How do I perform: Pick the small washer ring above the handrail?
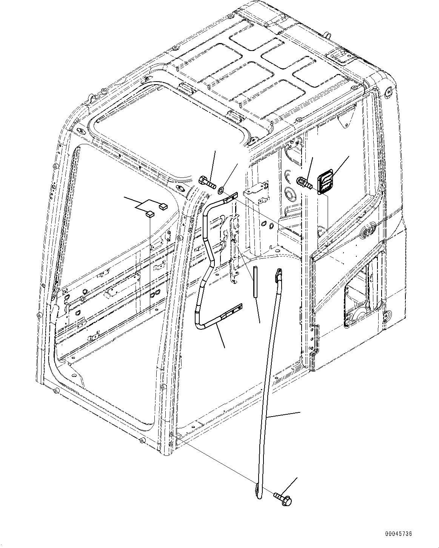point(221,188)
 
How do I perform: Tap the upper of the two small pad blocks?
point(163,206)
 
